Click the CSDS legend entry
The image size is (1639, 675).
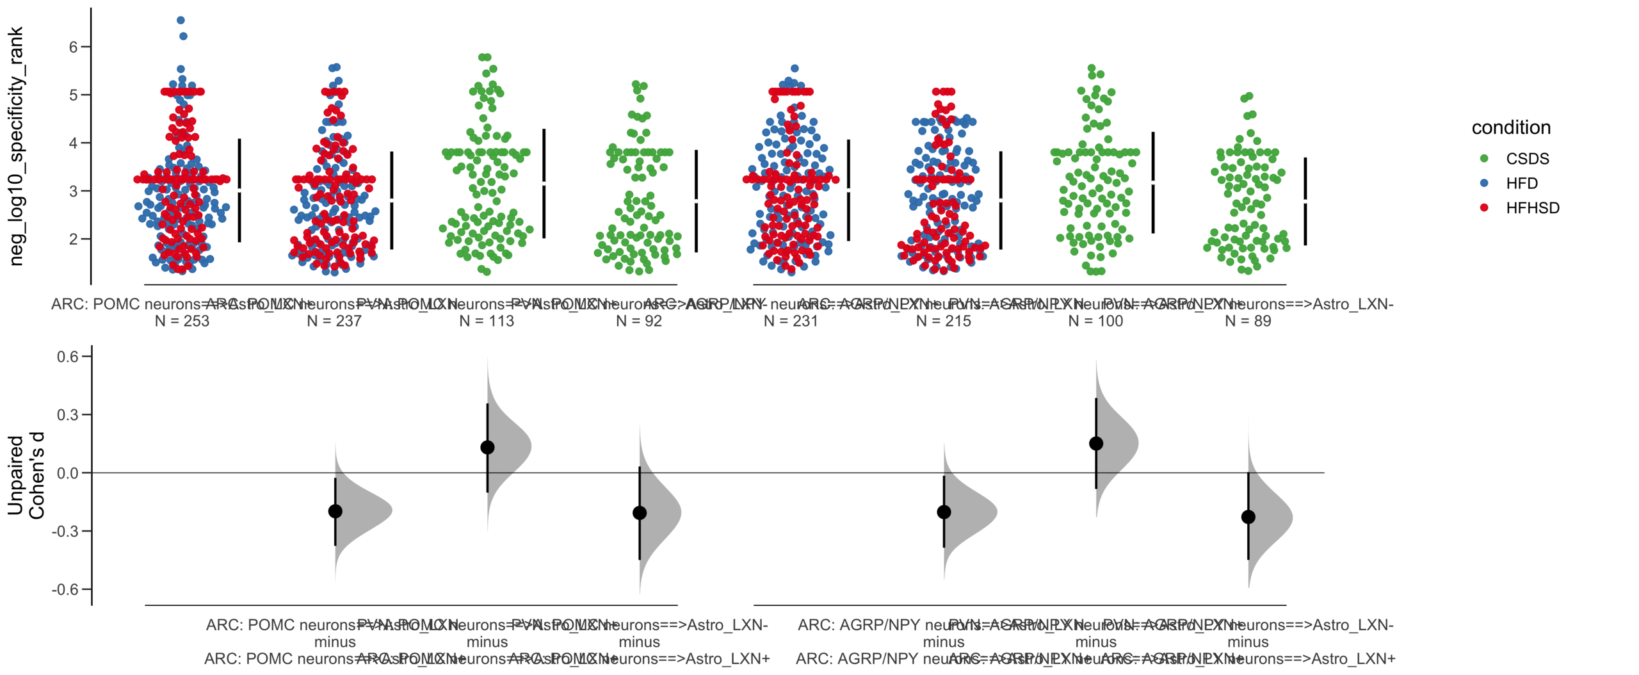(x=1526, y=159)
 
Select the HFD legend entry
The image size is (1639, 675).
(x=1521, y=184)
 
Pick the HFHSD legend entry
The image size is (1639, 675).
(x=1532, y=208)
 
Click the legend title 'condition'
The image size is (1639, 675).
(x=1510, y=127)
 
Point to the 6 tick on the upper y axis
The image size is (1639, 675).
(x=74, y=47)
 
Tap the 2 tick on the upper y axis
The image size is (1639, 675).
(x=74, y=239)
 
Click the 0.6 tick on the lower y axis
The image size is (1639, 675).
(x=67, y=357)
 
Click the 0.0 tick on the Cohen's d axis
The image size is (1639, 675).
(x=67, y=473)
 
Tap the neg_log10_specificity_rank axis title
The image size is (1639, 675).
(x=16, y=146)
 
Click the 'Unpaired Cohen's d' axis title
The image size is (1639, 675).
(x=26, y=475)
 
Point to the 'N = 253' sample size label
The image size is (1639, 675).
(x=182, y=321)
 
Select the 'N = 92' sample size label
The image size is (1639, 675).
(x=638, y=321)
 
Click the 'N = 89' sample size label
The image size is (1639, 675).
(x=1247, y=321)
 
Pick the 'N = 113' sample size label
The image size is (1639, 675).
(x=487, y=321)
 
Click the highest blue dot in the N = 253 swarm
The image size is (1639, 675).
(x=181, y=20)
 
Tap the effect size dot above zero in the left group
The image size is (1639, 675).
(x=487, y=447)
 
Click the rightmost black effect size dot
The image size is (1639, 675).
(x=1248, y=517)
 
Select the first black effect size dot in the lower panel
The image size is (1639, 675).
(x=335, y=511)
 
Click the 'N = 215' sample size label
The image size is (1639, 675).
(x=943, y=321)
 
